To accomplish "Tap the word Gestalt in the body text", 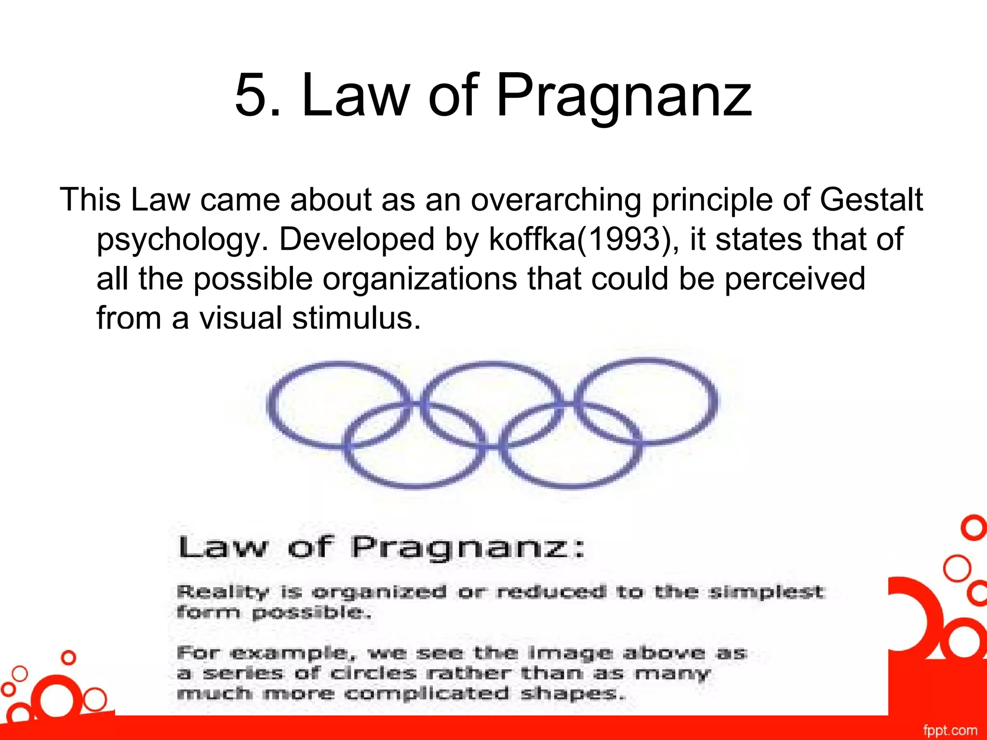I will click(871, 199).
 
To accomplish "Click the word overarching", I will click(556, 200).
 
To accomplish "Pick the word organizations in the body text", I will click(419, 279).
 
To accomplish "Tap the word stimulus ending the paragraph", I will click(356, 318).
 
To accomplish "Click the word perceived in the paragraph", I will click(795, 279).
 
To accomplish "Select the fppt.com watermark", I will click(950, 730).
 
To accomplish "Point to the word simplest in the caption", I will click(766, 591).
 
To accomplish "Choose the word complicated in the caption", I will click(427, 694).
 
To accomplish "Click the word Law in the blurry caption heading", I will click(222, 548).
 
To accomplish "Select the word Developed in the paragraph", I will click(357, 239).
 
